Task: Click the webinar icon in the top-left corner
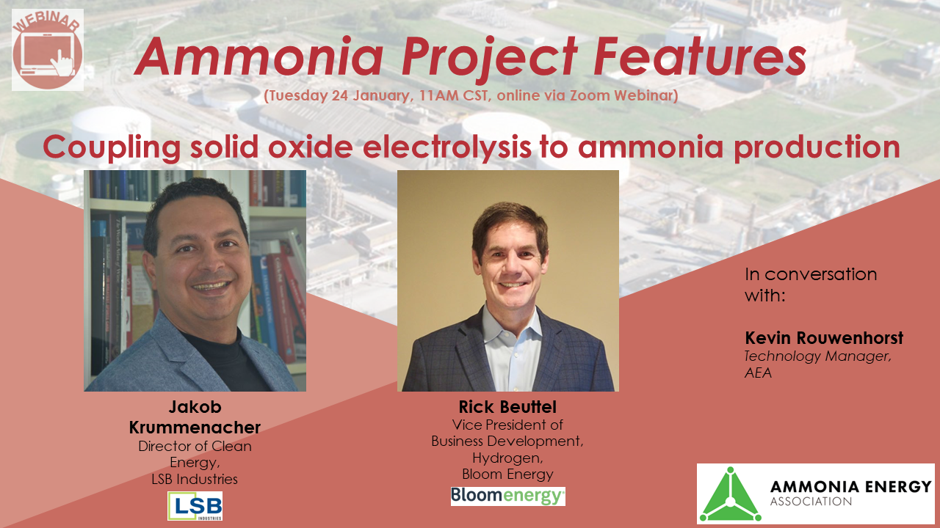[48, 50]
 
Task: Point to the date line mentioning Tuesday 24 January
[470, 96]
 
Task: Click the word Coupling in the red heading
[110, 147]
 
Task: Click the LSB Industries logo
[195, 506]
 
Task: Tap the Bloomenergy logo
[507, 496]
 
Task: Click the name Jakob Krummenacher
[195, 417]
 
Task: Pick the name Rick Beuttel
[507, 406]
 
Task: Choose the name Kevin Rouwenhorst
[824, 338]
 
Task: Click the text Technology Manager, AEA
[817, 364]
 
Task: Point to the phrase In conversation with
[811, 285]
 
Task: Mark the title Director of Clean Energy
[195, 454]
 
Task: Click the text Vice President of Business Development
[507, 433]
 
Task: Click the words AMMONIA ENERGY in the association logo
[850, 486]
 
